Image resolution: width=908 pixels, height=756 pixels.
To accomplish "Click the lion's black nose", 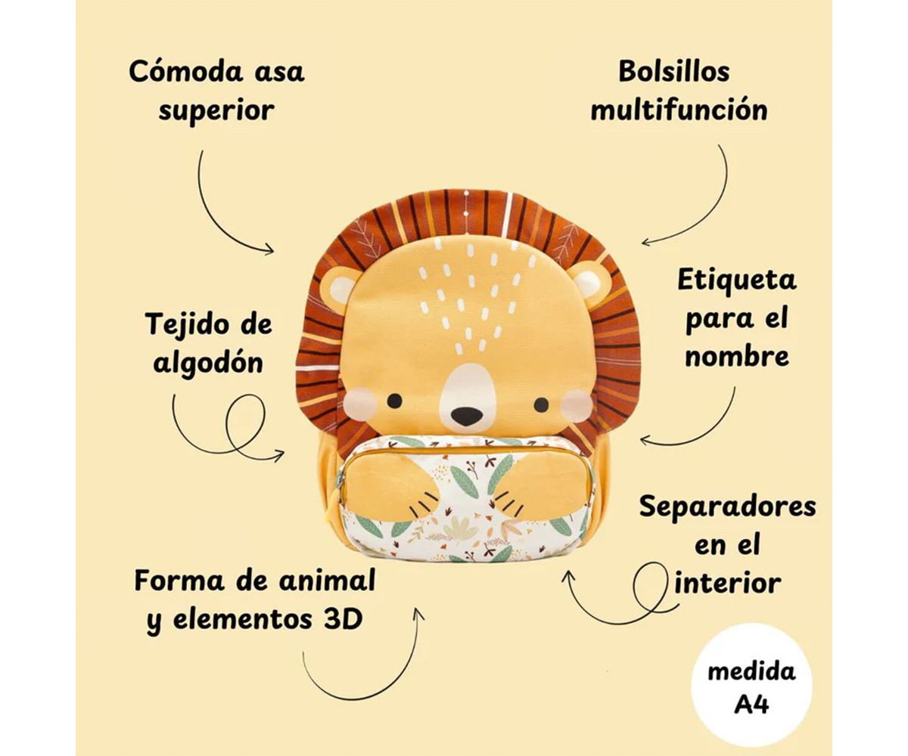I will pos(466,415).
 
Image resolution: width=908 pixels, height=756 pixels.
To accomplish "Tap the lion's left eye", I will pos(394,401).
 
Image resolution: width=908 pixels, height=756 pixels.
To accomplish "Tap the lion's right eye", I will pos(541,404).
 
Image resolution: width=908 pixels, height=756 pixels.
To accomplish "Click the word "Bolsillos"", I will pos(673,71).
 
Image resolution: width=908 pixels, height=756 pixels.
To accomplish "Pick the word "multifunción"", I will pos(679,110).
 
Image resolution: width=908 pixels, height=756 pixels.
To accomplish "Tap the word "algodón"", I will pos(208,362).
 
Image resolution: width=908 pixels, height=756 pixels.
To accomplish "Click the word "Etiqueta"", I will pos(736,280).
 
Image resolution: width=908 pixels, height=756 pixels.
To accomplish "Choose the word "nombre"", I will pos(736,356).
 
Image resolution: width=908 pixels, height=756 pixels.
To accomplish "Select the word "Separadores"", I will pos(727,506).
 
